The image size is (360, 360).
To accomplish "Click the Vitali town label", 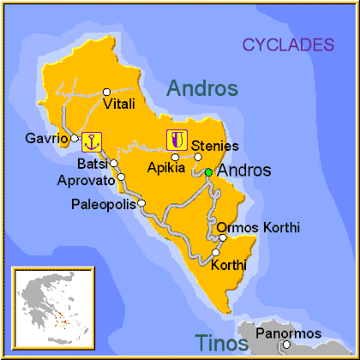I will (119, 105).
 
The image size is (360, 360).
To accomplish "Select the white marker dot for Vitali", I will (106, 92).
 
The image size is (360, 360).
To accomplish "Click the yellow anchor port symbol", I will (92, 141).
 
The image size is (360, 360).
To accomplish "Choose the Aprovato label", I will (86, 180).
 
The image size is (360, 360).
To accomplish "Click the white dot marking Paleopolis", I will (142, 203).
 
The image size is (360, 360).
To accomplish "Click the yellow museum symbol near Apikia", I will (177, 140).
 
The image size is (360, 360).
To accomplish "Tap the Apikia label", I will (167, 169).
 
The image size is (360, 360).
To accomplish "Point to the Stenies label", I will (215, 146).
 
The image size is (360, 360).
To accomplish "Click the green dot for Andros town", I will (209, 171).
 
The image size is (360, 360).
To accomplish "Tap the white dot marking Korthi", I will (216, 253).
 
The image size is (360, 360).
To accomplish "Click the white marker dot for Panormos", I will (287, 345).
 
